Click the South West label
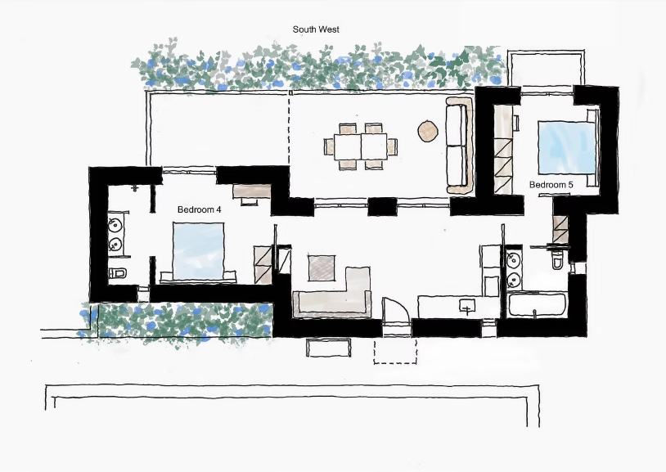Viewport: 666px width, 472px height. (x=316, y=29)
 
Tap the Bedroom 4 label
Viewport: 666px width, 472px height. (x=199, y=209)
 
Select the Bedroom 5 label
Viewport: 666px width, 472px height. (x=551, y=185)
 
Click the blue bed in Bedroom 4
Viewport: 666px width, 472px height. (x=198, y=251)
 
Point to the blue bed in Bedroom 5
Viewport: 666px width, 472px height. (x=567, y=147)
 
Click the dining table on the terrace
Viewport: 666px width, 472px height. (x=361, y=146)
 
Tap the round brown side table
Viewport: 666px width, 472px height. (x=428, y=131)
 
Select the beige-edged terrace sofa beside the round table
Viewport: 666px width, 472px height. (x=459, y=146)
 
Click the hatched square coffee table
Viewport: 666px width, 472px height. (x=322, y=267)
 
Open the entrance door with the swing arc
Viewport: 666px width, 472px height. (x=396, y=313)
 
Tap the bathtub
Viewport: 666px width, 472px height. (x=538, y=305)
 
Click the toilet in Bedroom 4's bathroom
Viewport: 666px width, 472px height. (x=116, y=272)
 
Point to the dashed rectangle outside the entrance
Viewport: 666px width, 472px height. (x=395, y=352)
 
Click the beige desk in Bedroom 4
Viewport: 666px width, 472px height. (x=252, y=191)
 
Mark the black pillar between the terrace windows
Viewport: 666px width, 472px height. (x=382, y=207)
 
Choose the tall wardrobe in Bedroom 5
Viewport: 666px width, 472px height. (x=503, y=150)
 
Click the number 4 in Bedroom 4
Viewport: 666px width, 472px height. (x=218, y=209)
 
